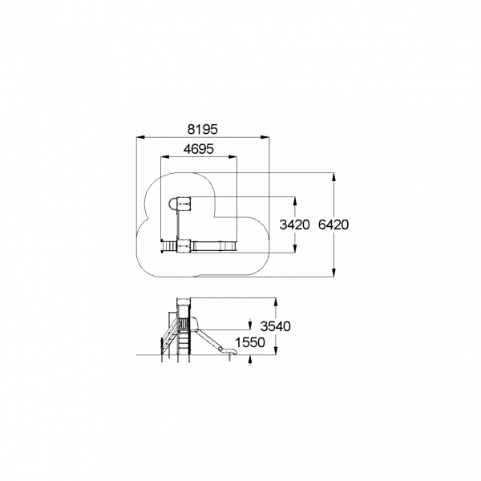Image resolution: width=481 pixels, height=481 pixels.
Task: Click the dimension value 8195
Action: tap(203, 129)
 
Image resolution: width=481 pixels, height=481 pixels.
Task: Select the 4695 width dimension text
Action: tap(199, 149)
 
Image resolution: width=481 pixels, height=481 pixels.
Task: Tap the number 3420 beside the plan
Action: tap(294, 225)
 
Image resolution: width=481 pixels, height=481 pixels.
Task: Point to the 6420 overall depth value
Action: tap(333, 225)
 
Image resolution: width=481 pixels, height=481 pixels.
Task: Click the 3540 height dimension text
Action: tap(275, 327)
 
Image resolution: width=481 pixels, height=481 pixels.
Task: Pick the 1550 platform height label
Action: tap(249, 342)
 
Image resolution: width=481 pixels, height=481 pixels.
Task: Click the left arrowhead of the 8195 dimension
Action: tap(140, 137)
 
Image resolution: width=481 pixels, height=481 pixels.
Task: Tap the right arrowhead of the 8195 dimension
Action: tap(265, 137)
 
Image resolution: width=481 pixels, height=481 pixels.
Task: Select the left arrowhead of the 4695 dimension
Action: tap(165, 157)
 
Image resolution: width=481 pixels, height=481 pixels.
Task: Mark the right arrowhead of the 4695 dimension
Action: tap(232, 157)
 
